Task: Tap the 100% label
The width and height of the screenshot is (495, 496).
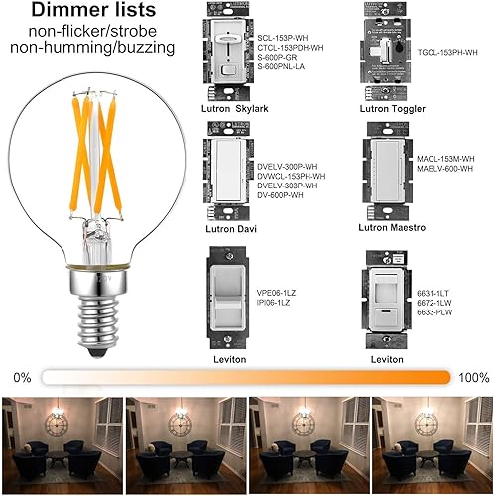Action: click(474, 378)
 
